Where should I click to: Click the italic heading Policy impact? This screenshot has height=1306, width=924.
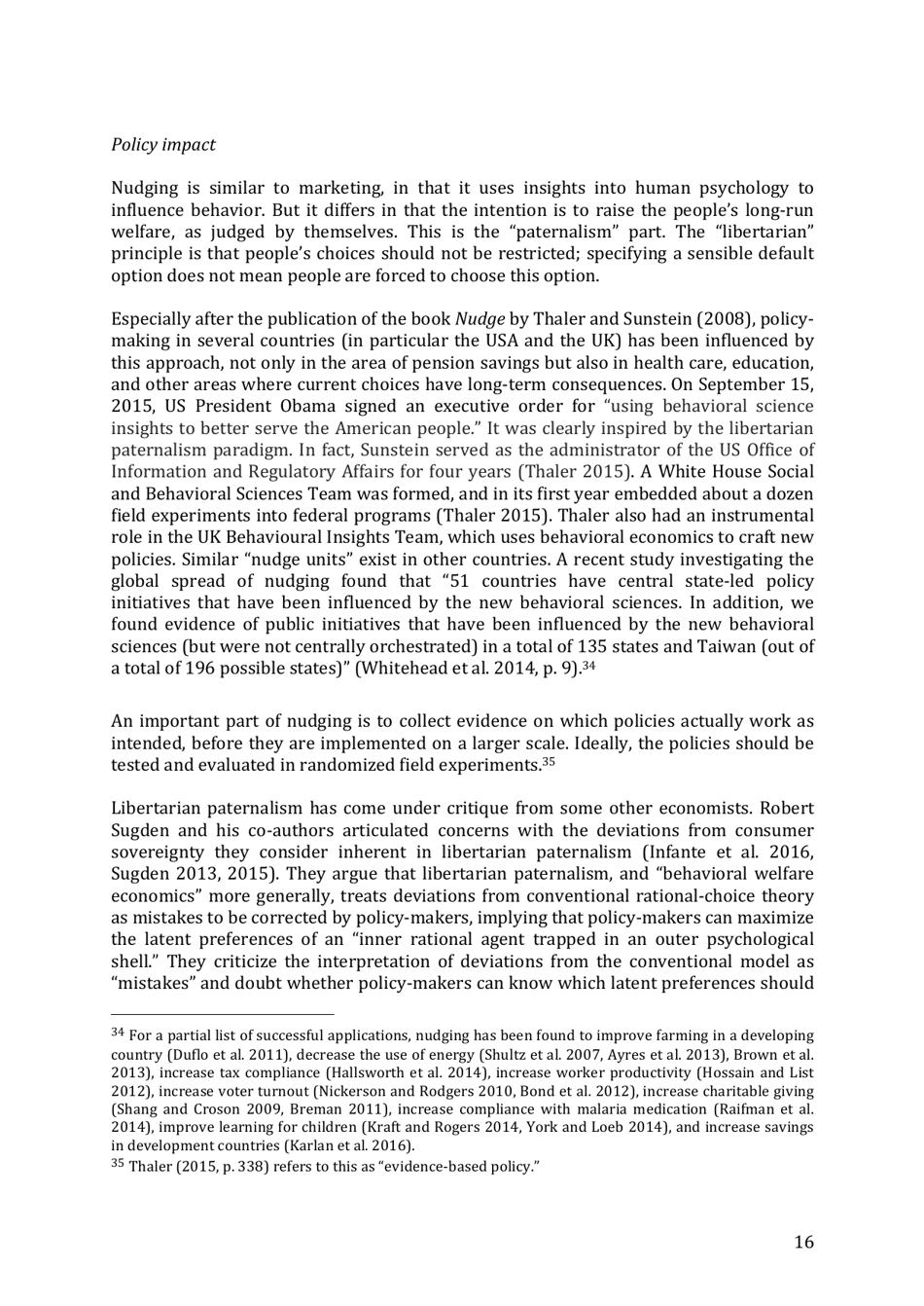[162, 145]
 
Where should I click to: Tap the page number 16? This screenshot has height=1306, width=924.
[803, 1242]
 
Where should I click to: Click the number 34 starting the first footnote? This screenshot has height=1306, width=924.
[118, 1034]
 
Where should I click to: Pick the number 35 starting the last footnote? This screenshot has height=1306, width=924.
[118, 1165]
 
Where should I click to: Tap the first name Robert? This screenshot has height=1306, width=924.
[787, 808]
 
